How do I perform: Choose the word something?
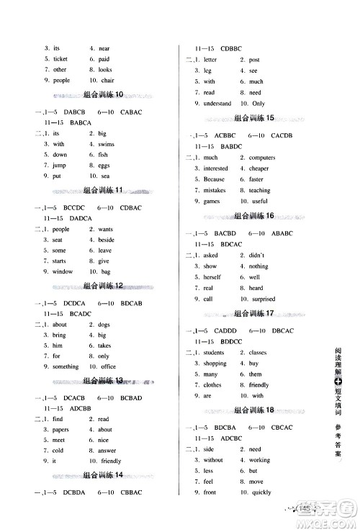(66, 366)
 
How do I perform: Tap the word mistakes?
(215, 190)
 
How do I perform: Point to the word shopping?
(215, 364)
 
